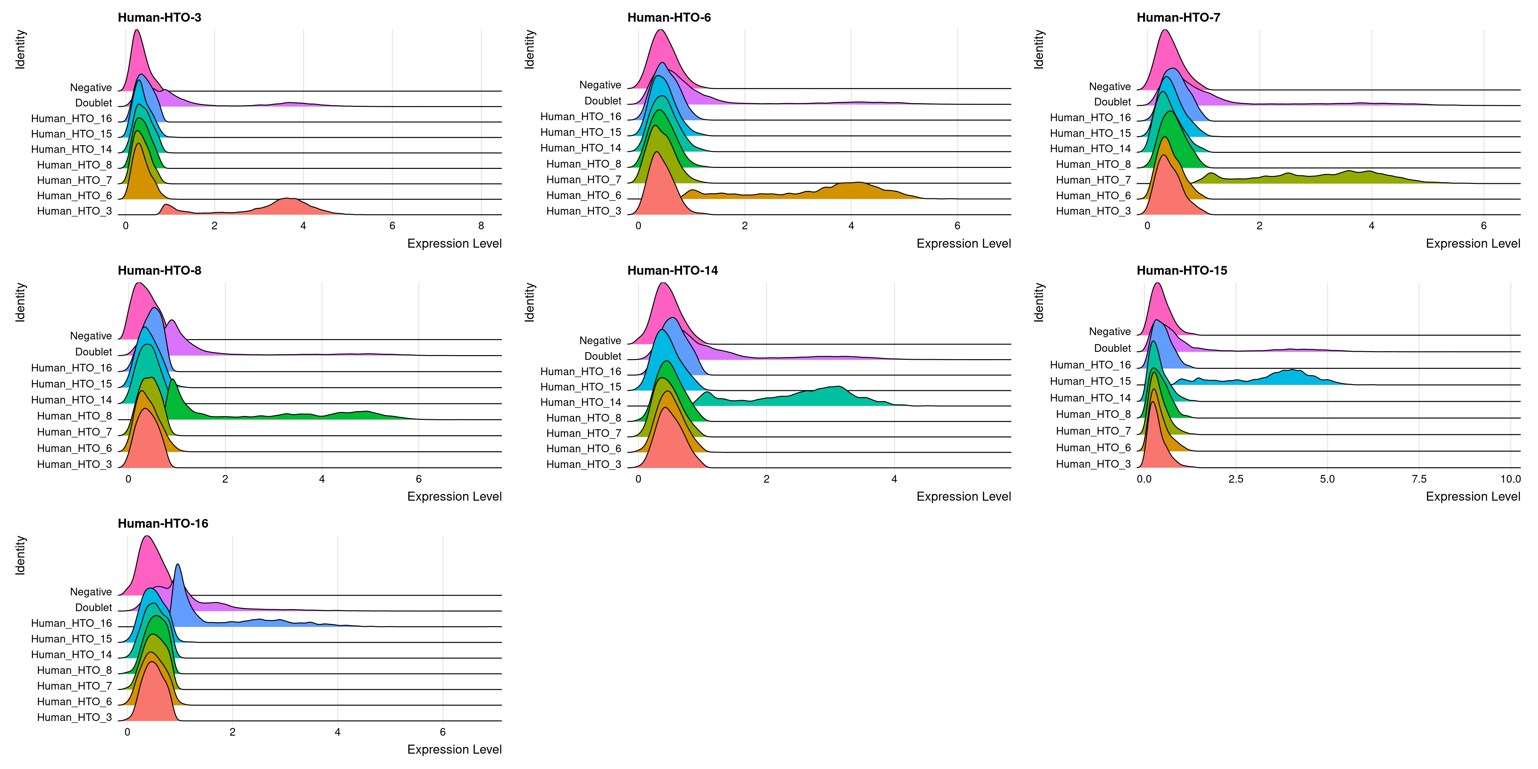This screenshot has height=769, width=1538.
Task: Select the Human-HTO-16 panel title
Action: [163, 524]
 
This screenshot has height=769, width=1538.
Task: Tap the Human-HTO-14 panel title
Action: [672, 270]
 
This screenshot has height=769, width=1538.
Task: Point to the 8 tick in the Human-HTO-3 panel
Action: [481, 226]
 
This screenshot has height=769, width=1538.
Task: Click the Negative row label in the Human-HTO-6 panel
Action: [600, 85]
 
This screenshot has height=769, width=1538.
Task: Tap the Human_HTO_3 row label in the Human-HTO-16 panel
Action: [74, 717]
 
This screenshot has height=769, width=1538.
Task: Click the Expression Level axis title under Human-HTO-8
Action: [454, 496]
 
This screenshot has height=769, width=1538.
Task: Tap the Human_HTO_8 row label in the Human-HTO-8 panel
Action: [74, 416]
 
